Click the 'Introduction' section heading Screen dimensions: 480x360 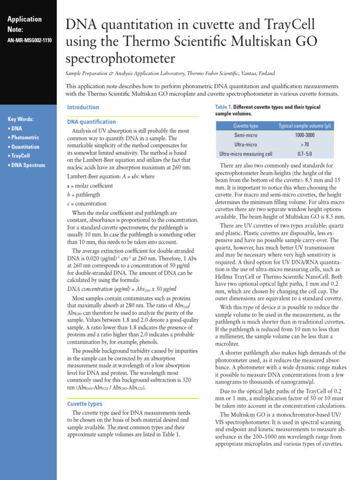tap(83, 107)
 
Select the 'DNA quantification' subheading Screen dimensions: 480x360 tap(91, 122)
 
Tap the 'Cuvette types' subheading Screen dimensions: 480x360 tap(84, 404)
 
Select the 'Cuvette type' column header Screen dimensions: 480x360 tap(246, 126)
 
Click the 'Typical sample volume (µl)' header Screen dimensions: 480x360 tap(305, 126)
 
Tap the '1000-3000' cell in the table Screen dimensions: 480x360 tap(305, 135)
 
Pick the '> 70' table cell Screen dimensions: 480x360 tap(305, 144)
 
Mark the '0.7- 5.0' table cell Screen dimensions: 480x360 tap(305, 154)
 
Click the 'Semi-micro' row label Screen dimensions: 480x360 tap(246, 135)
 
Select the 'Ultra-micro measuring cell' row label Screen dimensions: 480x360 tap(246, 154)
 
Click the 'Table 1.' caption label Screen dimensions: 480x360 tap(223, 107)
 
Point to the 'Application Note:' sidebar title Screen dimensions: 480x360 tap(25, 24)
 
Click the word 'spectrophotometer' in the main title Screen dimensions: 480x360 tap(120, 59)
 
